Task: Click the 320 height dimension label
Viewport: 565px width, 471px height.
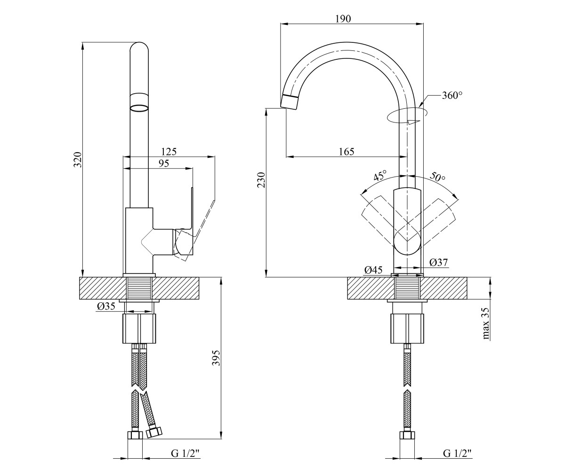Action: [78, 160]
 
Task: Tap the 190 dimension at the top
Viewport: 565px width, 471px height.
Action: [343, 19]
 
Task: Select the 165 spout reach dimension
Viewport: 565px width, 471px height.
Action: [347, 152]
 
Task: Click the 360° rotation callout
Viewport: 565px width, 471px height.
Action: [452, 95]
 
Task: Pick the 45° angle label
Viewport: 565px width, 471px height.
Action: [380, 175]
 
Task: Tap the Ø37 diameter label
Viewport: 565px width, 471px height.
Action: [439, 262]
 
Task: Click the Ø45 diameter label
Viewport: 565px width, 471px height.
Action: [373, 270]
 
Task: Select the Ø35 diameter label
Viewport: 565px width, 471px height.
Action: [106, 306]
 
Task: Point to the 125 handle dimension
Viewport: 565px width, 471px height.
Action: [169, 152]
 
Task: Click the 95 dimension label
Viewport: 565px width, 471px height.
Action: [164, 163]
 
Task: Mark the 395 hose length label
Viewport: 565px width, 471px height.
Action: [216, 358]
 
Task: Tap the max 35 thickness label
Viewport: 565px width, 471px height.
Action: [486, 324]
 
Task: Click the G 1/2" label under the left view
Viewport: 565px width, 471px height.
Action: [186, 453]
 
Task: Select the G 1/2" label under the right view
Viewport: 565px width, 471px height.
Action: [458, 453]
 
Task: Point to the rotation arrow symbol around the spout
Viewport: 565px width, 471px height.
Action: [407, 116]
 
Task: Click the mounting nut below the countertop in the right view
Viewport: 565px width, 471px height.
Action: [407, 329]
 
